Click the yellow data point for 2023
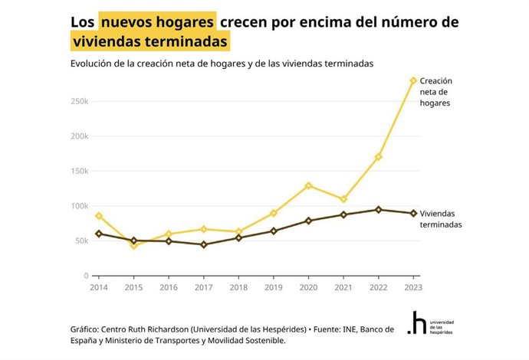(413, 80)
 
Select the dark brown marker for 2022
(378, 209)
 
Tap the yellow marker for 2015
(134, 246)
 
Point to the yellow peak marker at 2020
(308, 185)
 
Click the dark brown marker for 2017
(204, 244)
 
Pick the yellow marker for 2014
(99, 216)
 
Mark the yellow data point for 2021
(343, 199)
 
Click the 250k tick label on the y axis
(79, 101)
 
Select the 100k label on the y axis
(79, 206)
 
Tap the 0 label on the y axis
(86, 276)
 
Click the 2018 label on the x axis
(238, 286)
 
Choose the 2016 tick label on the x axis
(169, 286)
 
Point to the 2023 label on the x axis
(412, 286)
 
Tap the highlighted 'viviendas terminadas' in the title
(151, 40)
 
